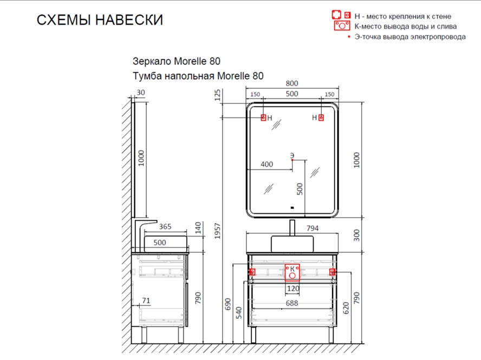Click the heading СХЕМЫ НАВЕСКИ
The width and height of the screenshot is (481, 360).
[x=100, y=20]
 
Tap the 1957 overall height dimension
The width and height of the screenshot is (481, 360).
[x=218, y=231]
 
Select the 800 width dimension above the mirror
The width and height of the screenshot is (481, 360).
[x=292, y=83]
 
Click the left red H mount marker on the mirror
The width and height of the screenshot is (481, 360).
[x=263, y=117]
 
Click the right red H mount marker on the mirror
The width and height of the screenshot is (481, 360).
[x=321, y=117]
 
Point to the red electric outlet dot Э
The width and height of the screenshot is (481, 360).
[x=292, y=160]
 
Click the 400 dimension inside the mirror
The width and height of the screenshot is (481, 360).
[x=266, y=165]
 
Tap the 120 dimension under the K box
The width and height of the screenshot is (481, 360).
[x=293, y=289]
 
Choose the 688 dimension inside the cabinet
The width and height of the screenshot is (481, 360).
[x=292, y=303]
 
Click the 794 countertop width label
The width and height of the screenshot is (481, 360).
[x=313, y=228]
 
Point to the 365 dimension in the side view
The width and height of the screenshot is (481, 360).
[x=165, y=227]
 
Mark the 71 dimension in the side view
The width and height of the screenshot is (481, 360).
[x=146, y=300]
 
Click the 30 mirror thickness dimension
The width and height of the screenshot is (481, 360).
[x=141, y=92]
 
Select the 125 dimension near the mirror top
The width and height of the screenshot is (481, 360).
[x=218, y=95]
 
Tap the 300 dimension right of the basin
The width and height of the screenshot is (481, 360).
[x=356, y=235]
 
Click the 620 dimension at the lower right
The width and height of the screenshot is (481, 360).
[x=346, y=308]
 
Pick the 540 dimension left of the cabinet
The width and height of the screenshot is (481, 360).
[x=239, y=313]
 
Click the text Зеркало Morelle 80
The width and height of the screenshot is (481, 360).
[x=177, y=61]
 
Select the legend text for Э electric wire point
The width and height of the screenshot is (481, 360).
[x=410, y=37]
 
